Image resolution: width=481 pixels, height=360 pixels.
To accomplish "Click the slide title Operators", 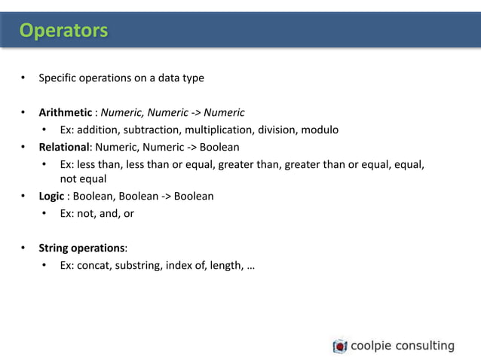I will pyautogui.click(x=63, y=30).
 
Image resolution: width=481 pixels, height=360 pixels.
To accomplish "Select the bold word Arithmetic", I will pyautogui.click(x=66, y=113).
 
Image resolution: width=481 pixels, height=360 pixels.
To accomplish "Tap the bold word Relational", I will pyautogui.click(x=64, y=146).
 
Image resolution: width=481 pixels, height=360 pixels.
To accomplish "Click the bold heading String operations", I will pyautogui.click(x=82, y=248).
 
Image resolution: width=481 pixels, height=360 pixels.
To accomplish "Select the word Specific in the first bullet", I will pyautogui.click(x=58, y=78).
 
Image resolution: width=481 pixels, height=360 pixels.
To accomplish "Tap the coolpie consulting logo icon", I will pyautogui.click(x=340, y=346).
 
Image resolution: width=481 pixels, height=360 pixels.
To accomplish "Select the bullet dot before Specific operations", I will pyautogui.click(x=23, y=78).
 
